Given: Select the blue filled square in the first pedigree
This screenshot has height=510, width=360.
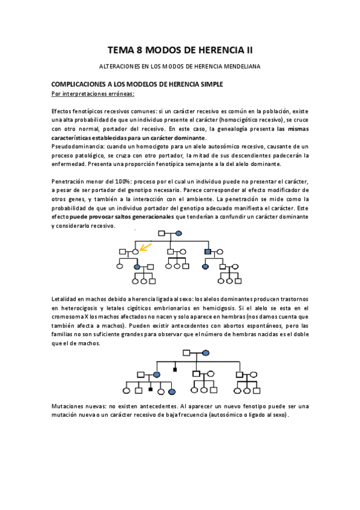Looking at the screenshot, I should tap(207, 251).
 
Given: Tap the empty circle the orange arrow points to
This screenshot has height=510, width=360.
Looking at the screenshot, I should tap(136, 251).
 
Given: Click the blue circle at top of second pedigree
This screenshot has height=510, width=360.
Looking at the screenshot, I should tap(206, 352).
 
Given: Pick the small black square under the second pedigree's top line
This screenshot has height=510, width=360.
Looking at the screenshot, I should tap(175, 367).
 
